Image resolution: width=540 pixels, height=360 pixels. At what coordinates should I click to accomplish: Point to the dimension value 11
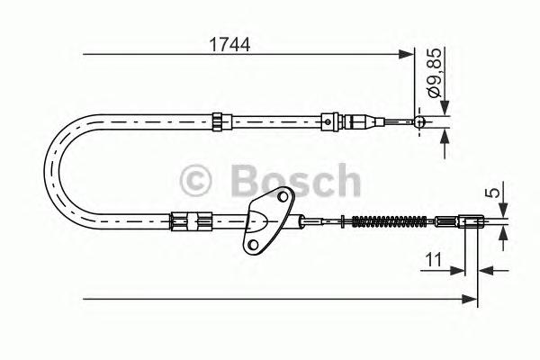(x=432, y=262)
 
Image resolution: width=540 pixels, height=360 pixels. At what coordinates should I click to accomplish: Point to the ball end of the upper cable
(x=419, y=121)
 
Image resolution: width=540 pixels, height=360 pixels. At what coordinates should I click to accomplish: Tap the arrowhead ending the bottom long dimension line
(x=472, y=296)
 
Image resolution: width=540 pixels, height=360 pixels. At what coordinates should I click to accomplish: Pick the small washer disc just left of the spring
(x=342, y=219)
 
